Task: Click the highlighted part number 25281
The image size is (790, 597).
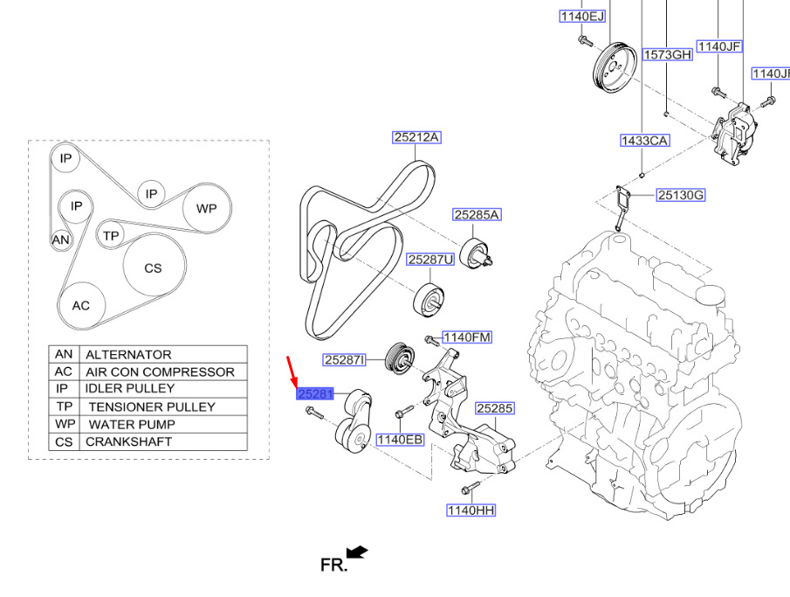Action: pos(315,394)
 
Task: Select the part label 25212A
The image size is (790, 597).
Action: pos(416,137)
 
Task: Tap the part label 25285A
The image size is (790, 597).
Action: pos(477,215)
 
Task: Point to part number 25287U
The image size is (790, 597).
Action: pos(430,260)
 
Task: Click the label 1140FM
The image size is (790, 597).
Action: pos(467,337)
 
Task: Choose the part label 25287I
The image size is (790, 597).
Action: pos(345,359)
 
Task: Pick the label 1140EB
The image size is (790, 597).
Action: pos(400,440)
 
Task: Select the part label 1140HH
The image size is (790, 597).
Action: pos(471,510)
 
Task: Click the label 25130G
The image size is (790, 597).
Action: pos(681,195)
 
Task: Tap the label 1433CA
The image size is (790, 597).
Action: pos(644,140)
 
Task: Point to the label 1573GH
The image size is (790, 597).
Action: pos(668,54)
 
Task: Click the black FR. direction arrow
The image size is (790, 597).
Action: pos(357,552)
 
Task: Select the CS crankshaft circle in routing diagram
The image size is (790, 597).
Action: pos(153,268)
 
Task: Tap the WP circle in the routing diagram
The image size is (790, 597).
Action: pos(206,209)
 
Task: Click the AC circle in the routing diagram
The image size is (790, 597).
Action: pos(81,306)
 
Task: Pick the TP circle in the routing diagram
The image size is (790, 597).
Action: pos(110,236)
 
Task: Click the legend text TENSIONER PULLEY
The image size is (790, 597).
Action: pos(151,406)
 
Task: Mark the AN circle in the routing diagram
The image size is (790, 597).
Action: pos(60,239)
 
